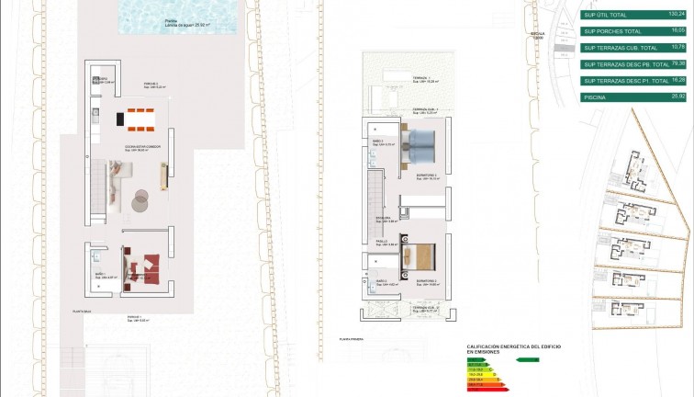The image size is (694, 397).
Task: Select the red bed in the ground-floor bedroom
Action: click(142, 265)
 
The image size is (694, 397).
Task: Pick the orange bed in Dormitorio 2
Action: click(423, 256)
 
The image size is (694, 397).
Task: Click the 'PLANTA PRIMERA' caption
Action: click(353, 339)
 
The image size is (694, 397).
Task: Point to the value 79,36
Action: click(677, 64)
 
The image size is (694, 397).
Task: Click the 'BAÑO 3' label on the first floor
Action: click(378, 141)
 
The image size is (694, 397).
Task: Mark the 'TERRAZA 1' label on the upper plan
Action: click(421, 78)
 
